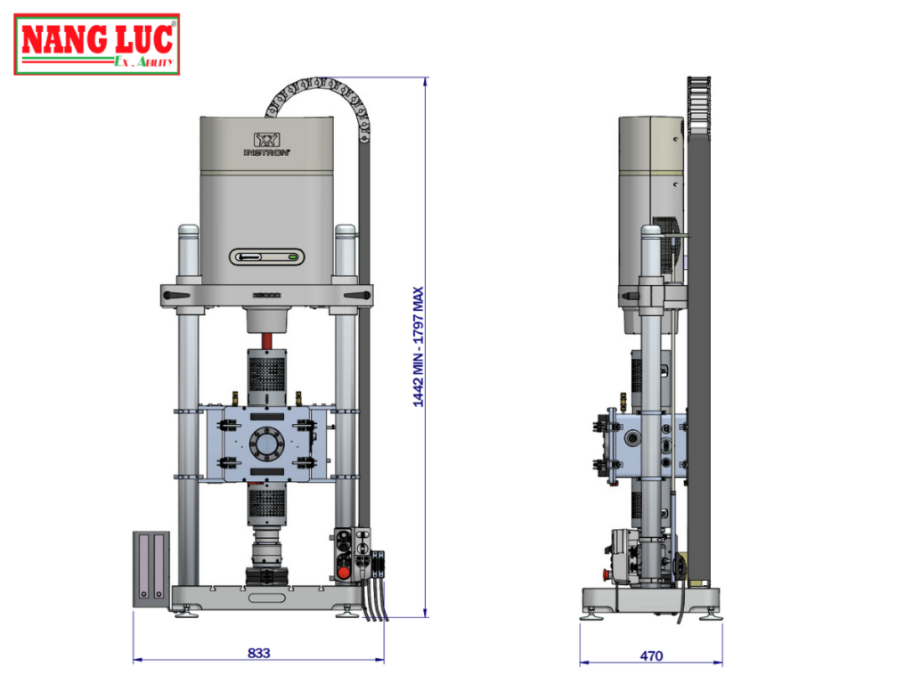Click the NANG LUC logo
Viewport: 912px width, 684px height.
(96, 44)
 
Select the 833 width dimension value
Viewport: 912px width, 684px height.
(258, 653)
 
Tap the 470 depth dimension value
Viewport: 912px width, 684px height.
(651, 656)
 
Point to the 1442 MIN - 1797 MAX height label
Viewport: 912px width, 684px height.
(419, 346)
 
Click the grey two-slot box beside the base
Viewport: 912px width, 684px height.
(151, 569)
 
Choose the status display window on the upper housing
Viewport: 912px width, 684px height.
(266, 257)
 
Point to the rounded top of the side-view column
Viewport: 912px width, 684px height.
(651, 232)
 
